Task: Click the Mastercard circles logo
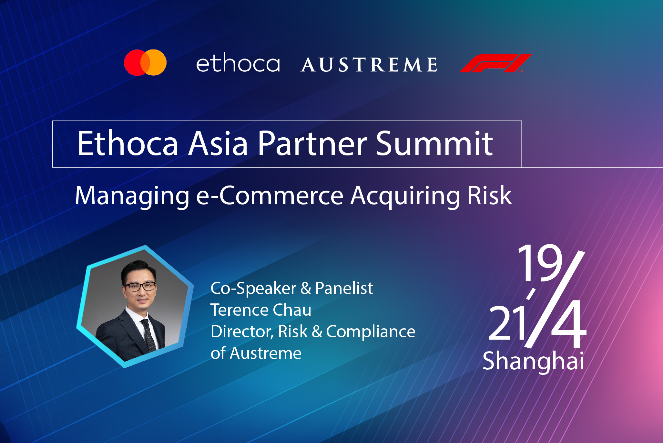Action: (x=145, y=62)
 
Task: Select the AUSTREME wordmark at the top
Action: (x=369, y=64)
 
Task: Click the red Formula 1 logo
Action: (x=495, y=63)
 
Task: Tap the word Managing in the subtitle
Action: (x=132, y=196)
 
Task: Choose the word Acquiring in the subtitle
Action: (x=405, y=196)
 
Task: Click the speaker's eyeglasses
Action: (x=140, y=286)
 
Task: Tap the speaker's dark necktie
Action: (x=148, y=335)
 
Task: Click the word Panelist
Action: (x=344, y=288)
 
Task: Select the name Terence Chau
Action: (x=261, y=310)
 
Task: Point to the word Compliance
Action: (x=371, y=332)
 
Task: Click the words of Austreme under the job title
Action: (x=256, y=353)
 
